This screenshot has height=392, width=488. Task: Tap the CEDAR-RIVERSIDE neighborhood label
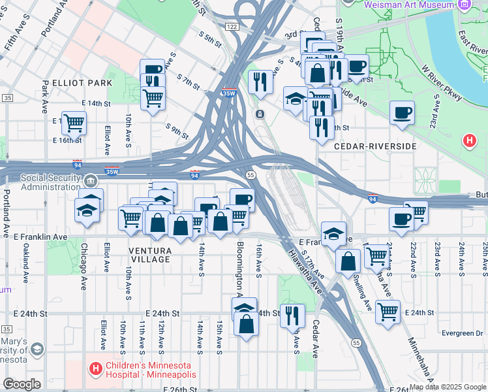374,146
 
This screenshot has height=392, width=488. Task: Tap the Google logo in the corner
22,384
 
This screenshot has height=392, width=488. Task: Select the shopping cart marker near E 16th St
74,122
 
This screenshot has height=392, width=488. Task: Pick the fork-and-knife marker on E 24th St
292,316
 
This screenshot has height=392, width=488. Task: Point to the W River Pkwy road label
441,82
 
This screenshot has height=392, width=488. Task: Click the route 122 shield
232,26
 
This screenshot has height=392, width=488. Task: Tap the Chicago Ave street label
84,267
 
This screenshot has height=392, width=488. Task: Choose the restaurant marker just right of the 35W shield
260,82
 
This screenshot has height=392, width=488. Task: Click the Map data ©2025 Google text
447,387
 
